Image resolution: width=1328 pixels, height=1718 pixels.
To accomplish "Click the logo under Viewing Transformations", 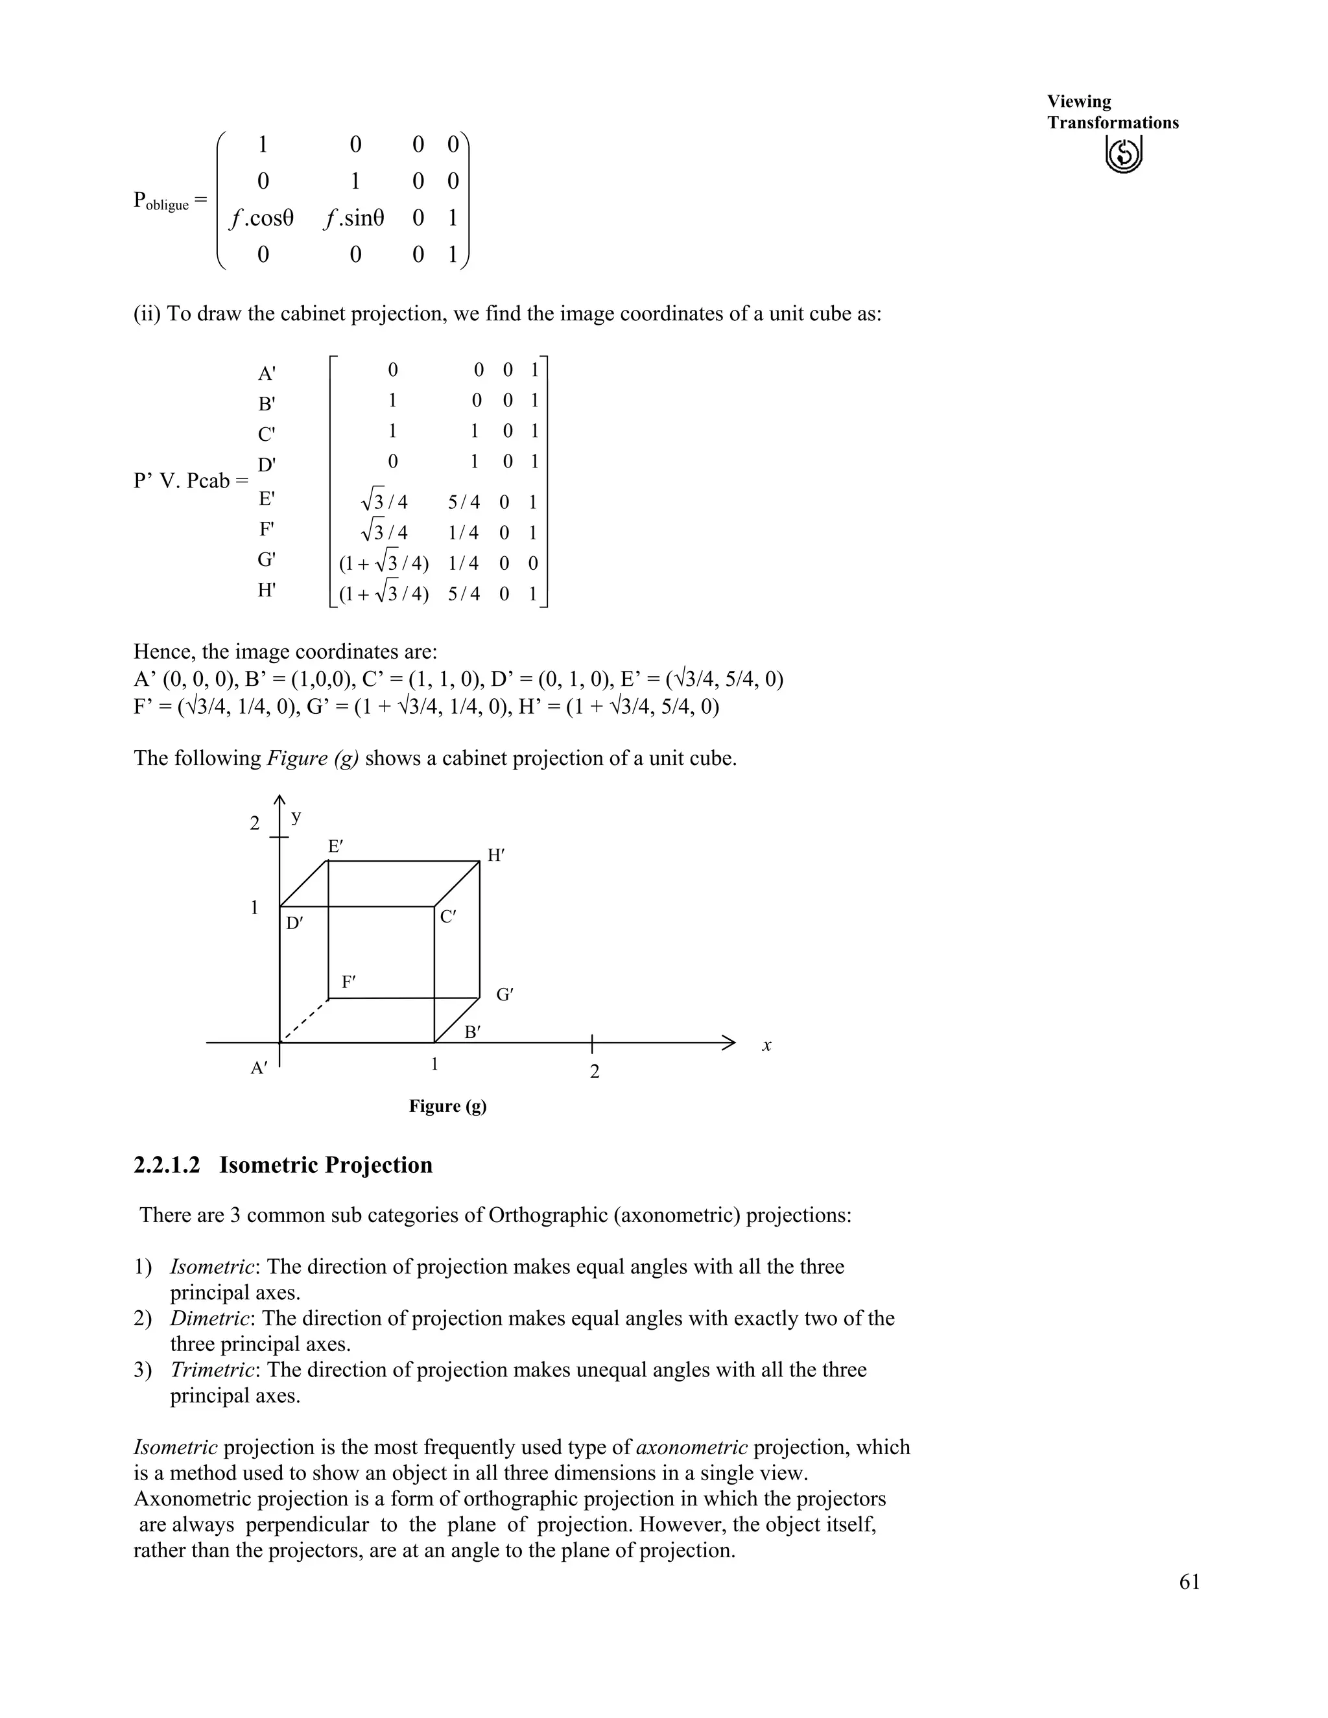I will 1124,154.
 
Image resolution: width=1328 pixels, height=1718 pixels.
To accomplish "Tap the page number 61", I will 1189,1582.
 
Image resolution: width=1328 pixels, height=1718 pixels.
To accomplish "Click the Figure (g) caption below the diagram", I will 447,1106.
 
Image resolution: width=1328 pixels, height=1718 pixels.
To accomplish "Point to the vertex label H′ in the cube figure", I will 495,856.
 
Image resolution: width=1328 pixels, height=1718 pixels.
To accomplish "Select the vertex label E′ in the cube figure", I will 335,847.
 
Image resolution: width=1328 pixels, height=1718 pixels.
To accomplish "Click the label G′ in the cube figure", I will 504,995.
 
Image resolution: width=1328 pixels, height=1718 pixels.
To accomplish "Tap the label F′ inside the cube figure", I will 348,982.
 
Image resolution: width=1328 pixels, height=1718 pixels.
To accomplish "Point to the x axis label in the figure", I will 766,1046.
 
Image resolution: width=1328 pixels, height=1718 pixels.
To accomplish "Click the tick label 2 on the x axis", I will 595,1072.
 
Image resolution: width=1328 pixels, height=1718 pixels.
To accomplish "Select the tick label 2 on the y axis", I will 254,823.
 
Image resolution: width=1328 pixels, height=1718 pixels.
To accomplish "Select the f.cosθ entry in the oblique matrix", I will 261,218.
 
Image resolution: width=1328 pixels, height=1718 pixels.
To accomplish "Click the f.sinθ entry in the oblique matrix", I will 354,218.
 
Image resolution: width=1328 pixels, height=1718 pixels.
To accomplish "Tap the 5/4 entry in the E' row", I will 464,502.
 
